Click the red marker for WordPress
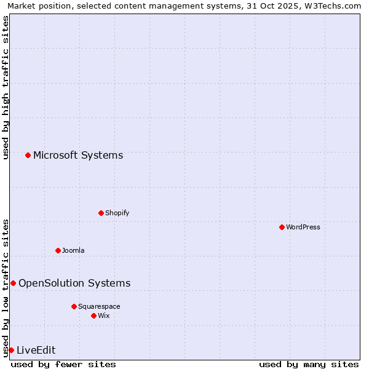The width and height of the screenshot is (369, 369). tap(282, 227)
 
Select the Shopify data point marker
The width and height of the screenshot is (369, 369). tap(101, 213)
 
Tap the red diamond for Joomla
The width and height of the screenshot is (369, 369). tap(58, 250)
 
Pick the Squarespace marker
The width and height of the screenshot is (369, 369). tap(74, 306)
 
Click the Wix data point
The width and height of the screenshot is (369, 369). tap(93, 315)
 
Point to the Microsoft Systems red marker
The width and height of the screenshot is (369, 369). tap(28, 155)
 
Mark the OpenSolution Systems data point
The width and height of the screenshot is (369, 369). tap(13, 283)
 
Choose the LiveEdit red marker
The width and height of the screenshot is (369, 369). tap(11, 350)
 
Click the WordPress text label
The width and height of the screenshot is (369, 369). tap(303, 227)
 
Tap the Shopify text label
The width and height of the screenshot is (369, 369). tap(117, 213)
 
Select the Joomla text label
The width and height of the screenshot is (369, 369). tap(73, 250)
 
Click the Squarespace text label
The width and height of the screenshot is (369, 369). tap(99, 306)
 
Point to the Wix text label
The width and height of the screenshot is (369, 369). tap(104, 315)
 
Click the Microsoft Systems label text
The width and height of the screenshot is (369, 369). tap(78, 155)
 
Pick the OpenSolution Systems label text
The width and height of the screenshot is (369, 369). tap(74, 283)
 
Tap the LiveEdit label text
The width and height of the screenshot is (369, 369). tap(36, 350)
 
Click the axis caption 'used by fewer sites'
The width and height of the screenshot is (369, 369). tap(63, 364)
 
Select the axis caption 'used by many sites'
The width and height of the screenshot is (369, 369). tap(309, 364)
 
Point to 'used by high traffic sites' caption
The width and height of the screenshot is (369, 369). tap(6, 87)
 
